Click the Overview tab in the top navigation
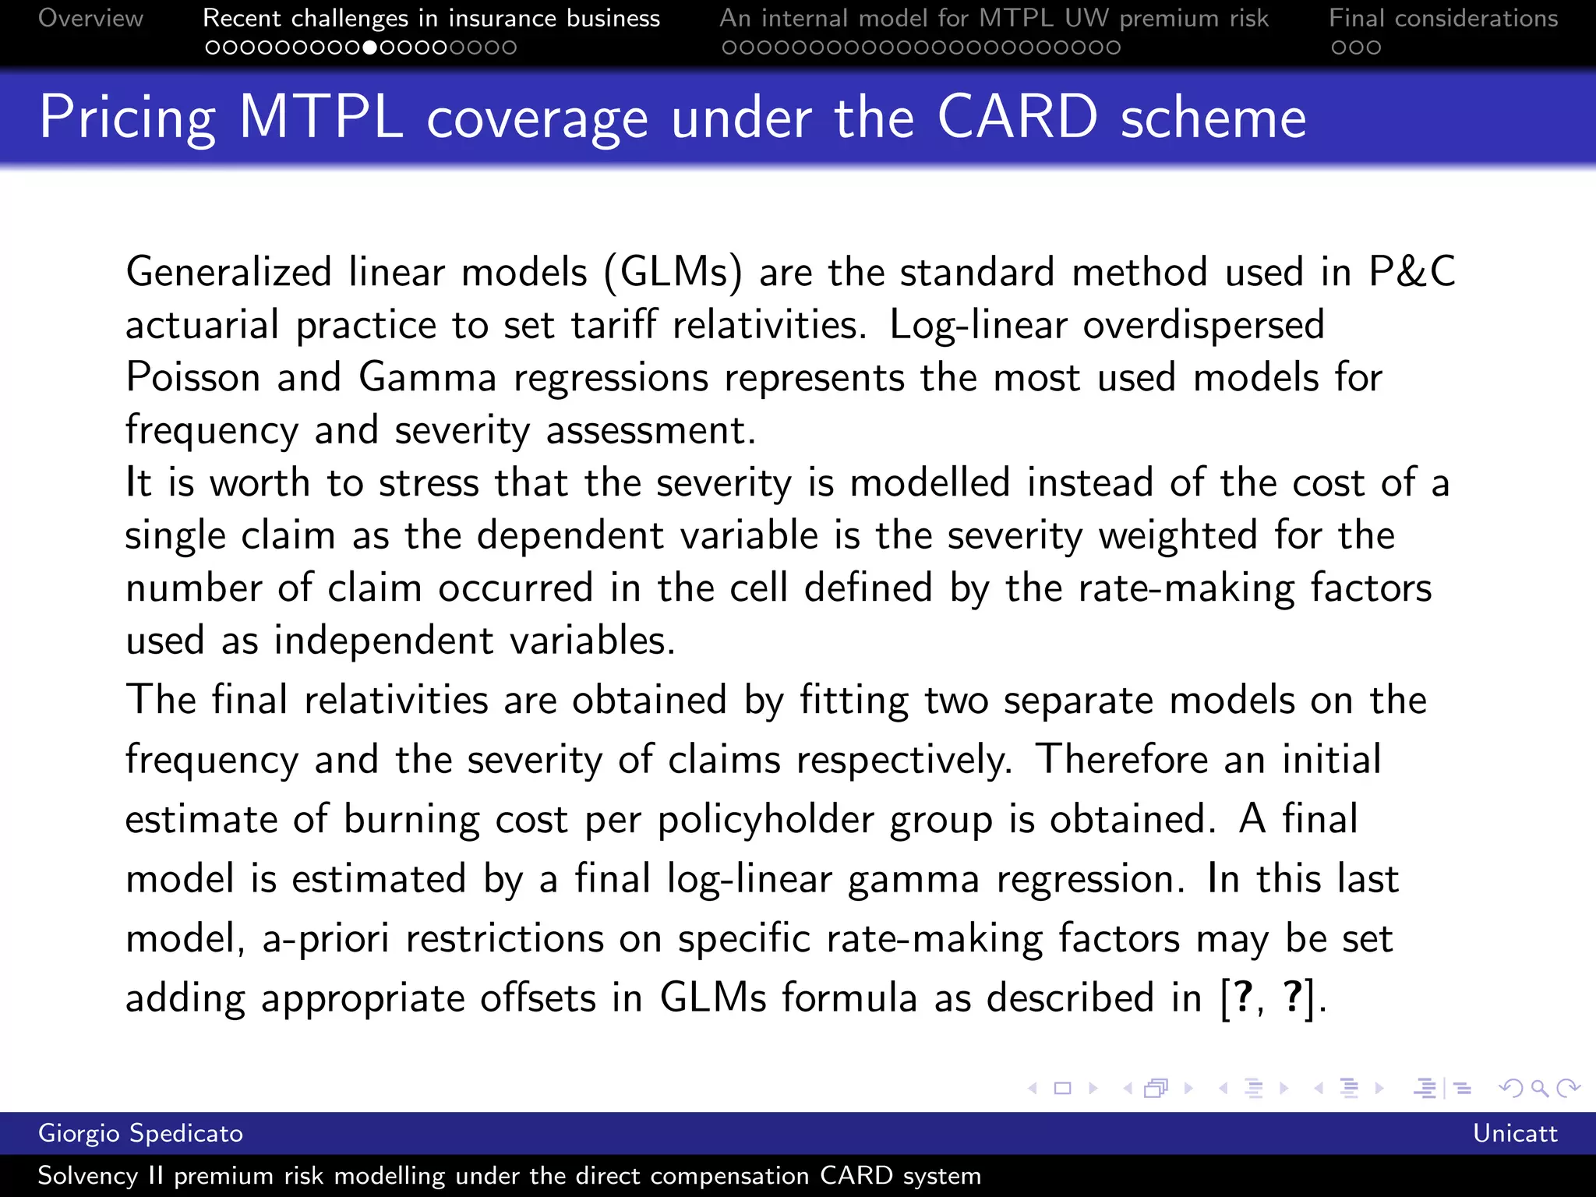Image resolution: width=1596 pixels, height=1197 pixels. (x=90, y=18)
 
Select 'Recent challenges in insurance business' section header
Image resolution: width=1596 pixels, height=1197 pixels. (x=431, y=18)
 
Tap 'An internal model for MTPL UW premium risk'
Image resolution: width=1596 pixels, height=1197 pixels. (x=994, y=18)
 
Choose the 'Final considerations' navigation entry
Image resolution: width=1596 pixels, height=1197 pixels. (x=1443, y=18)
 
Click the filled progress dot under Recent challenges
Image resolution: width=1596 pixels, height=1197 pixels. (x=370, y=48)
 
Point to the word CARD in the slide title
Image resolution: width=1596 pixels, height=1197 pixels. (x=1017, y=118)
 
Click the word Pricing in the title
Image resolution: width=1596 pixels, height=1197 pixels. (x=127, y=118)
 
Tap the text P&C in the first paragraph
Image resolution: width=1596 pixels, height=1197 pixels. (x=1411, y=272)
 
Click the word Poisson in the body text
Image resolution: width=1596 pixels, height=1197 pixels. (x=193, y=378)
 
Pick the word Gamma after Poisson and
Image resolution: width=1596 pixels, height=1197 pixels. (x=427, y=378)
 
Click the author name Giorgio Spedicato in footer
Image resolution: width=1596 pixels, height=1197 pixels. (x=140, y=1133)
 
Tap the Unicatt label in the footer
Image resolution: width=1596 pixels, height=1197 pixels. (x=1514, y=1133)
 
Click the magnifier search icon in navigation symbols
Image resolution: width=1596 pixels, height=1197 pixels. (x=1539, y=1088)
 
